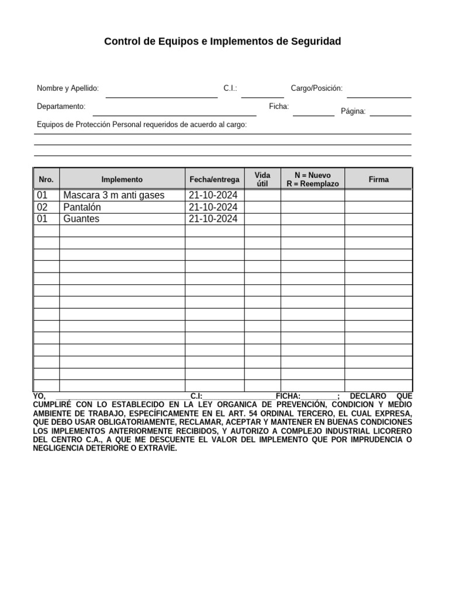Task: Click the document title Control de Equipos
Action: [x=222, y=42]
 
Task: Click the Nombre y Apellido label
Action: [x=68, y=88]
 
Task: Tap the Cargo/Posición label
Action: [x=316, y=88]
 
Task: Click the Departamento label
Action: [x=61, y=106]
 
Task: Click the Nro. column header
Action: [x=46, y=180]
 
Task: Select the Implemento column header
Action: [x=122, y=180]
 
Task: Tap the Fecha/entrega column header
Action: [x=215, y=180]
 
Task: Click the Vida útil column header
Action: [x=263, y=180]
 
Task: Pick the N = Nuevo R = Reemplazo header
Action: [x=312, y=180]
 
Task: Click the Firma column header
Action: [x=378, y=180]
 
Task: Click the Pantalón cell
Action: [x=82, y=207]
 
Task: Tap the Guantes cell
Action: [x=81, y=219]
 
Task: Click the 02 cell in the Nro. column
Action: [x=42, y=207]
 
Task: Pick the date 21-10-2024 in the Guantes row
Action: [x=213, y=219]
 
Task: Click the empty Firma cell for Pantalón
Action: [x=378, y=207]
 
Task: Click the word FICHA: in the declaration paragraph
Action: [x=288, y=396]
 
